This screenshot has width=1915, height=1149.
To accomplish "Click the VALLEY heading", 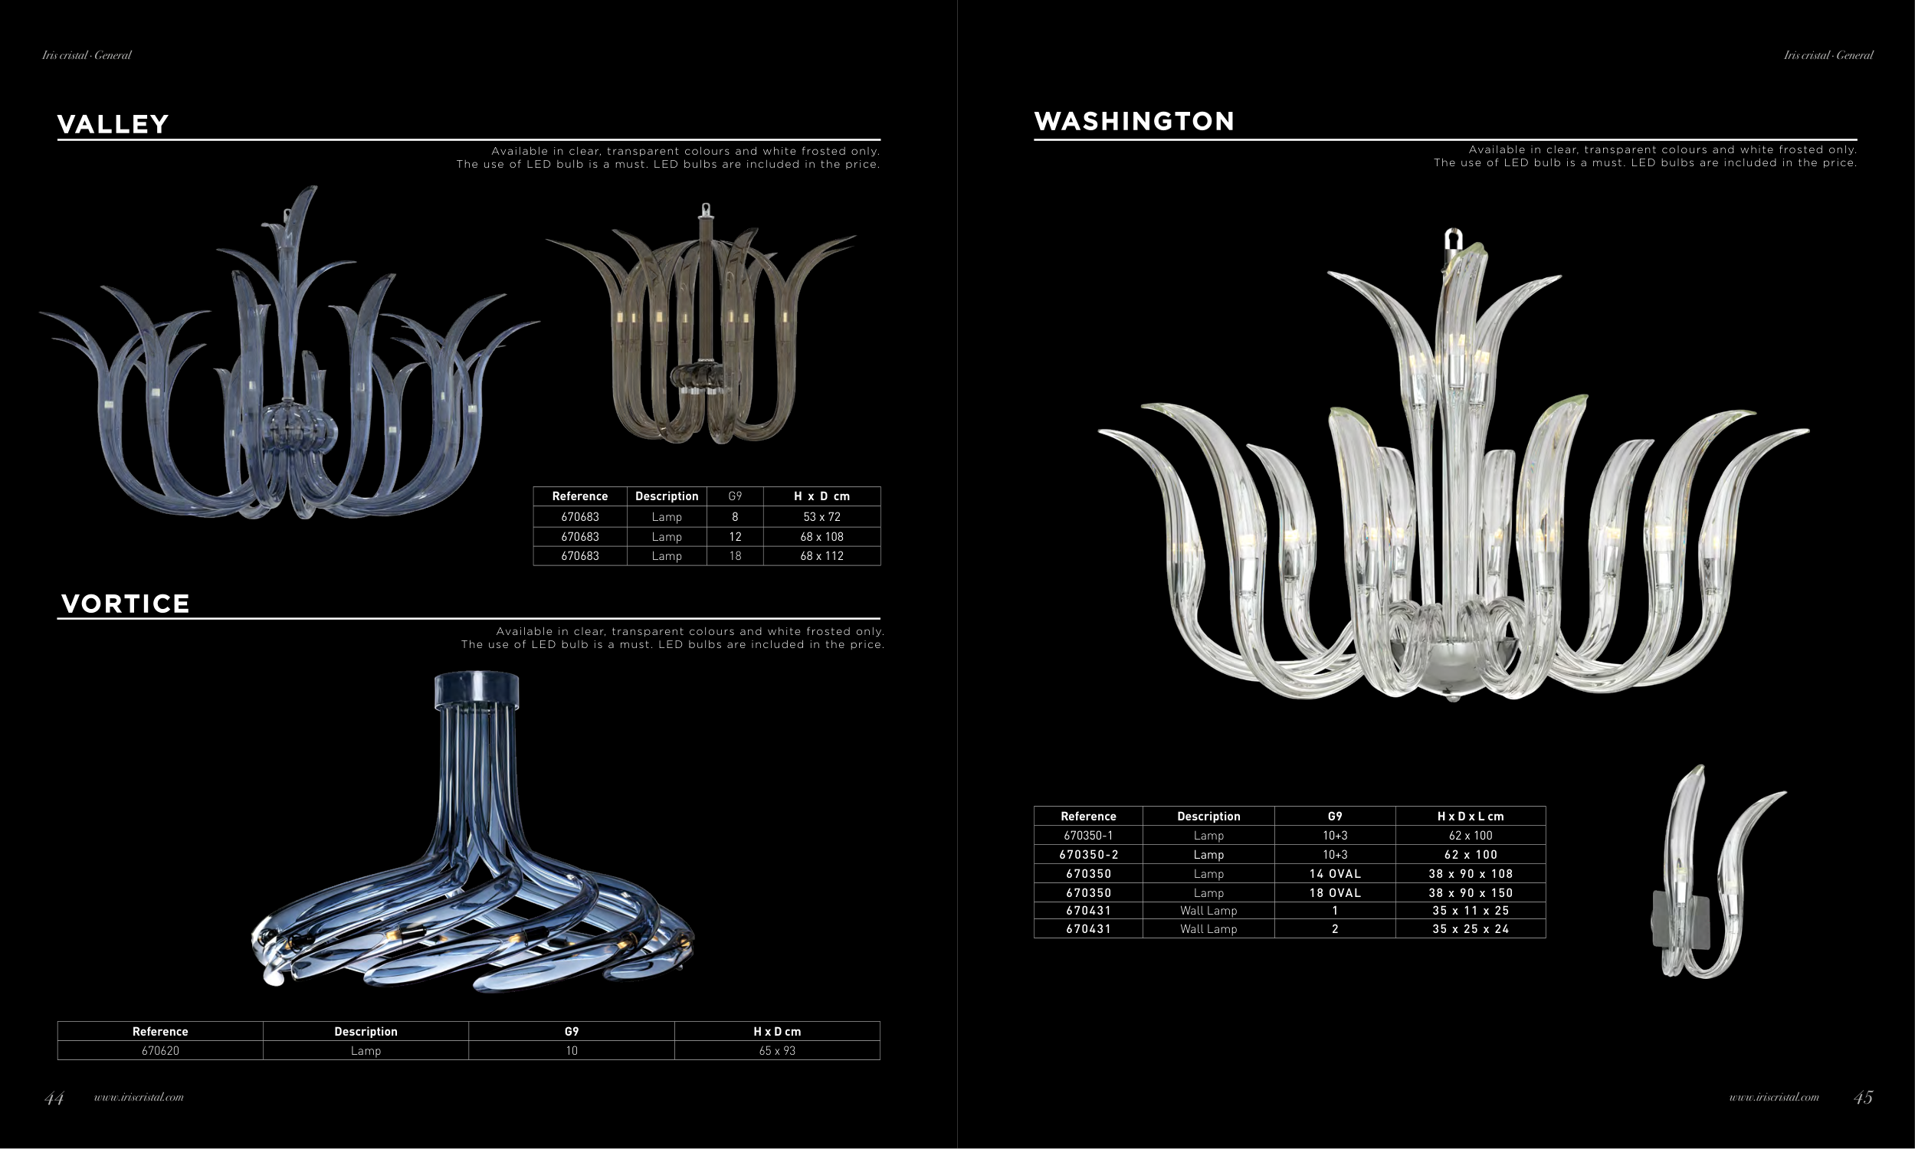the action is [113, 124].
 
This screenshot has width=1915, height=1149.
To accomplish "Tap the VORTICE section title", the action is [126, 604].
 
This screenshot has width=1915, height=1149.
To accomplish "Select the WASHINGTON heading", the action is [1133, 121].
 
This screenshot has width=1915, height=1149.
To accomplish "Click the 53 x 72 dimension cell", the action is [821, 517].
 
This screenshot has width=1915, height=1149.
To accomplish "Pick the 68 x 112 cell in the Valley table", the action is [821, 556].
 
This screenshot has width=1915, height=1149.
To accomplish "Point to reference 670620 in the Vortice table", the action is [160, 1051].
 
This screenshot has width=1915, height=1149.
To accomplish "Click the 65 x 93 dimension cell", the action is [777, 1051].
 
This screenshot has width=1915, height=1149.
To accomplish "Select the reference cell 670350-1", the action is [1088, 836].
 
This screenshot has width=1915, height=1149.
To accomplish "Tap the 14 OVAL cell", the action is [1335, 873].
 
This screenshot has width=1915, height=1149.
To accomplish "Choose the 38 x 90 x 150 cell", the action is [1471, 892].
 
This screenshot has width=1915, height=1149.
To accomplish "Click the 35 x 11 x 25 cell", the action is [1471, 911].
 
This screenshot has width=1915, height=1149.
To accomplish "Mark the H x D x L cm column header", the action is [1471, 816].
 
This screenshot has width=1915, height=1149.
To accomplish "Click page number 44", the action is [54, 1098].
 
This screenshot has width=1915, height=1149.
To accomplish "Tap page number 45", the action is [1863, 1097].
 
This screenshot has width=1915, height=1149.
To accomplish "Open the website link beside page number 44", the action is [139, 1097].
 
